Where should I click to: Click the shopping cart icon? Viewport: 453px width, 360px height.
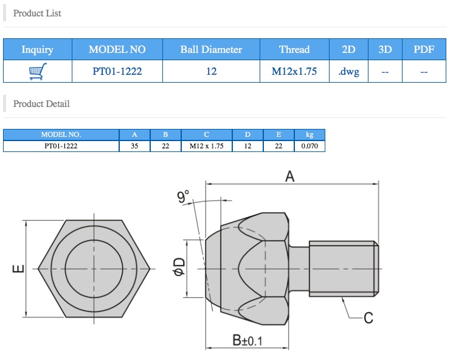(x=37, y=72)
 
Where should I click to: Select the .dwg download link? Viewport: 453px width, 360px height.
(x=348, y=72)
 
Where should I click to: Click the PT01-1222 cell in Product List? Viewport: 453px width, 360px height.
(x=117, y=72)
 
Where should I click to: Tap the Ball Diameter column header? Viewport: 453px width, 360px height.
(x=211, y=49)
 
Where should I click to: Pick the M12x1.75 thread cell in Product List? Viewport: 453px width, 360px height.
(x=294, y=72)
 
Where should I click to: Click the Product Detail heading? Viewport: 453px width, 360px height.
(x=41, y=104)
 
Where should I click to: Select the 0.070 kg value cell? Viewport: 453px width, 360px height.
(x=309, y=146)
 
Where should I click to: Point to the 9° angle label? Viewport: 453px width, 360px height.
(x=184, y=197)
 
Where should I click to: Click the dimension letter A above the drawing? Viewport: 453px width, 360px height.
(x=290, y=176)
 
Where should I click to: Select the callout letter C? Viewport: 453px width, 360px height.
(x=368, y=317)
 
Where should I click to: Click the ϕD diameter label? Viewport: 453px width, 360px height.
(x=179, y=268)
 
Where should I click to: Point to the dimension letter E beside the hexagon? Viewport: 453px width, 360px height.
(x=18, y=268)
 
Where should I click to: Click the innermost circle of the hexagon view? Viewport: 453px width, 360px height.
(x=94, y=268)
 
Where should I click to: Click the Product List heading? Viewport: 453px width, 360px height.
(x=37, y=13)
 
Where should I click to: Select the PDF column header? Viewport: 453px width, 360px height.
(x=424, y=49)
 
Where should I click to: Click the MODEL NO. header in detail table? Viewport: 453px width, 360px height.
(x=60, y=134)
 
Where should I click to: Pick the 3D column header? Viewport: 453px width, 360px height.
(x=385, y=49)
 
